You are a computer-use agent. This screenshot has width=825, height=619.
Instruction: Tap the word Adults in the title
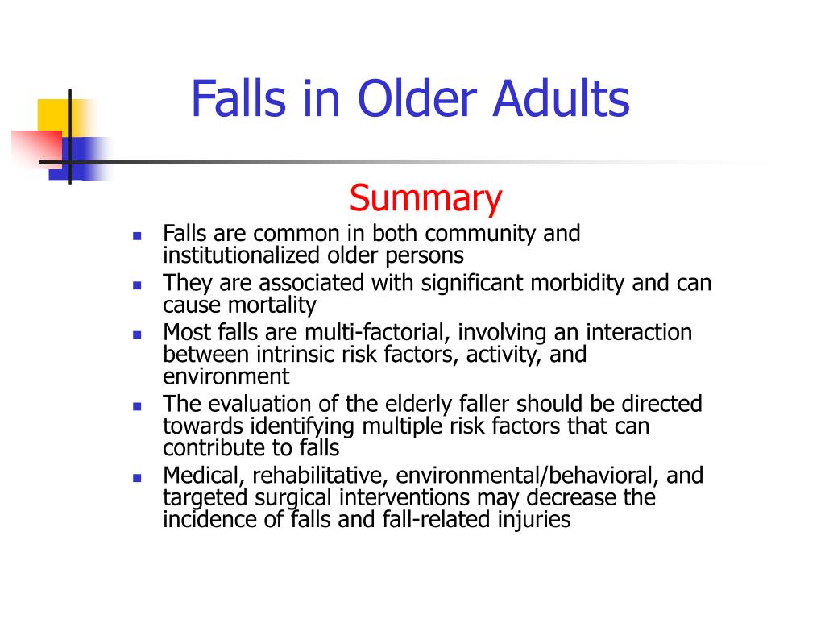(x=561, y=98)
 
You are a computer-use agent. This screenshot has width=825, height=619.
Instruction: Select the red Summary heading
(x=425, y=199)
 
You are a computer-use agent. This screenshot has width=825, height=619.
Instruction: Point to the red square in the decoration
(x=37, y=149)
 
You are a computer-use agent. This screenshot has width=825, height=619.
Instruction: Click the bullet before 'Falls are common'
(x=137, y=236)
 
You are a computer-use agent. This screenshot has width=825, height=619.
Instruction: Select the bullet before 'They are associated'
(x=137, y=285)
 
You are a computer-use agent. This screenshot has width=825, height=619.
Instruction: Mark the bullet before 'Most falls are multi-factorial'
(x=137, y=334)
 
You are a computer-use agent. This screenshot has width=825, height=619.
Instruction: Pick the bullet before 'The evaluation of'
(x=137, y=406)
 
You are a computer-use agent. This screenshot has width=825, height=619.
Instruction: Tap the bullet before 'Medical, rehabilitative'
(x=137, y=478)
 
